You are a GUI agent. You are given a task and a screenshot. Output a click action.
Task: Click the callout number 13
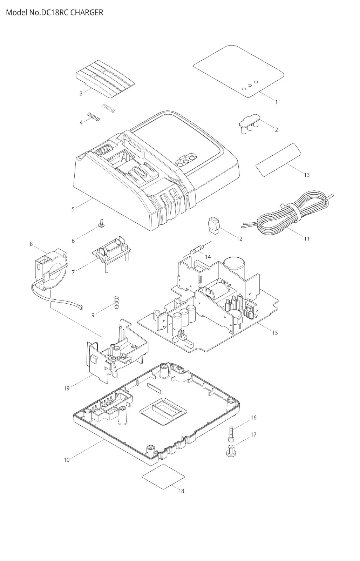pos(307,175)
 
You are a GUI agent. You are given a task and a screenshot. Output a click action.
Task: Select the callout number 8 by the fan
pos(31,244)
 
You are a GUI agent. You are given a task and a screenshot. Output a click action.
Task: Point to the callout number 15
pos(275,333)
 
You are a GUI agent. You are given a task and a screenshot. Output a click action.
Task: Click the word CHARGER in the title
pos(87,13)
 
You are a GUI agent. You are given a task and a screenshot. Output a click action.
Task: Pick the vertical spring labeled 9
pos(116,302)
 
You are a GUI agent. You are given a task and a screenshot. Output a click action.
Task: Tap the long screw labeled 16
pos(231,433)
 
